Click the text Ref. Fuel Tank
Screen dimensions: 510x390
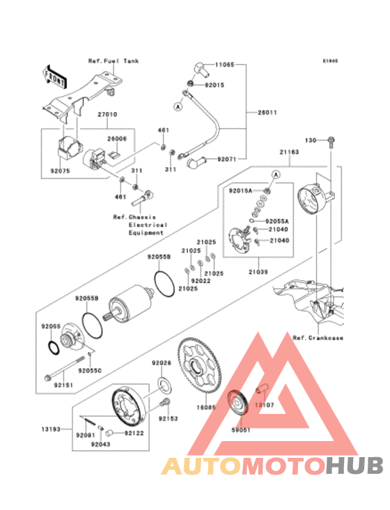click(x=113, y=61)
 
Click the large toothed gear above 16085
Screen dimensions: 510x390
click(x=198, y=365)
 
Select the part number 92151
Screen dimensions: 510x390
click(x=63, y=384)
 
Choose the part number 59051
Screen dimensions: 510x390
click(x=240, y=430)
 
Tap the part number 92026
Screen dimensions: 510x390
click(x=162, y=363)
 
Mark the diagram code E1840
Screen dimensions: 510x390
click(x=329, y=61)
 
